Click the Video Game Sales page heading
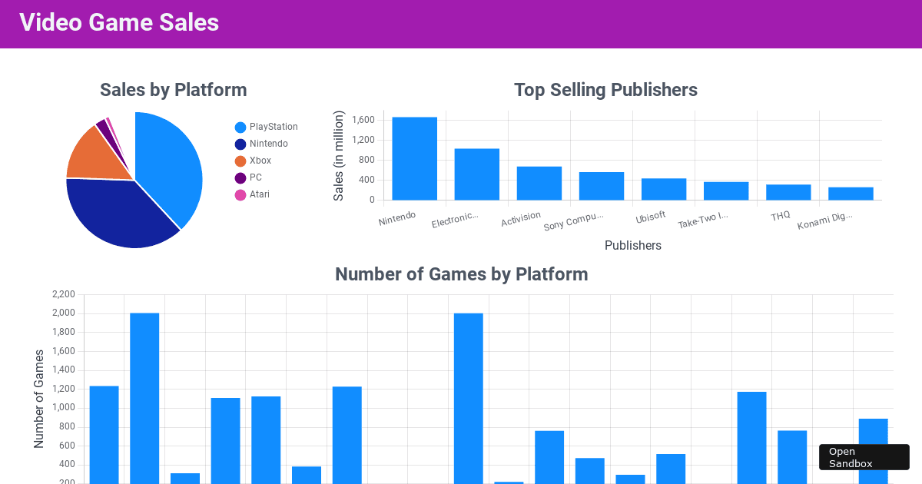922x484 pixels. pyautogui.click(x=119, y=23)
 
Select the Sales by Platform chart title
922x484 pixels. pyautogui.click(x=173, y=90)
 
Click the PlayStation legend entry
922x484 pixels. pyautogui.click(x=266, y=127)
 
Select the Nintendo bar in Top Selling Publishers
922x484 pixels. pyautogui.click(x=414, y=158)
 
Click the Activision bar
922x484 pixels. pyautogui.click(x=539, y=183)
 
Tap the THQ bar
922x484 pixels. pyautogui.click(x=788, y=192)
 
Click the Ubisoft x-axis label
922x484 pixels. pyautogui.click(x=651, y=217)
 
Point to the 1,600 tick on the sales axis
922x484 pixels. pyautogui.click(x=363, y=120)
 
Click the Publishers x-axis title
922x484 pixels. pyautogui.click(x=632, y=246)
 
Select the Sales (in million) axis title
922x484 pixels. pyautogui.click(x=339, y=156)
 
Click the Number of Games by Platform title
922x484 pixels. pyautogui.click(x=461, y=274)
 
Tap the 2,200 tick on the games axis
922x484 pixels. pyautogui.click(x=63, y=294)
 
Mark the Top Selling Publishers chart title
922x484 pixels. pyautogui.click(x=605, y=90)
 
